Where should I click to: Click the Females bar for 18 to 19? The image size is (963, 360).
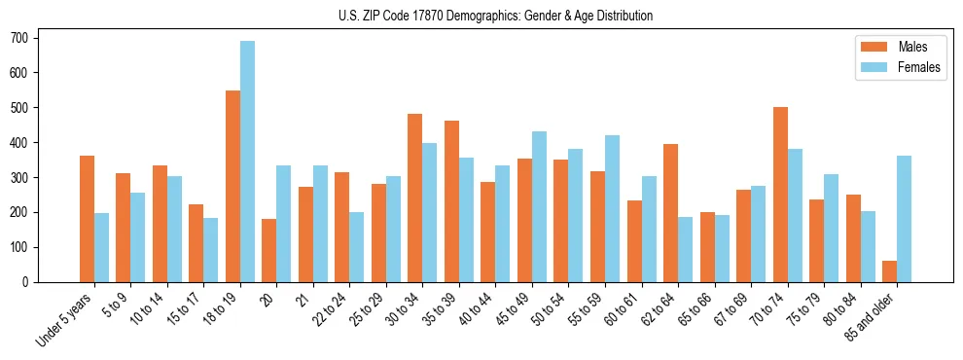[x=248, y=162]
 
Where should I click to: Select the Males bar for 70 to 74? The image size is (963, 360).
[x=780, y=195]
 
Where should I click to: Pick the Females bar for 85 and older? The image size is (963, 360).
[x=904, y=219]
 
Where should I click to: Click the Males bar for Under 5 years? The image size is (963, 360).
[x=87, y=219]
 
